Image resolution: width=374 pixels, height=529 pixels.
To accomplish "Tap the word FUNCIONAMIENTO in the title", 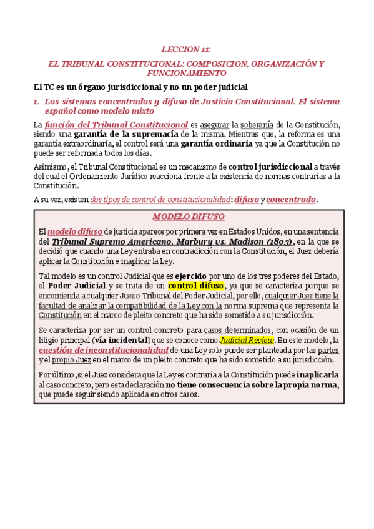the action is (x=186, y=73).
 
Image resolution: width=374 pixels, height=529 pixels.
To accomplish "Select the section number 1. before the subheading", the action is (x=36, y=100).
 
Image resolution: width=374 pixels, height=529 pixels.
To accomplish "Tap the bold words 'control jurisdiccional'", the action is (x=270, y=167).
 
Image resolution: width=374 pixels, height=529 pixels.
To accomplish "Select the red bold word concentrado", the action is (x=291, y=200).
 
